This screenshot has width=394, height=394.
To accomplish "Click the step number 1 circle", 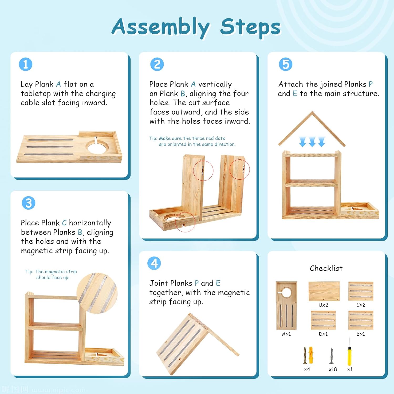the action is tap(25, 64).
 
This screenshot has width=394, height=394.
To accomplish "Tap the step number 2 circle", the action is tap(157, 64).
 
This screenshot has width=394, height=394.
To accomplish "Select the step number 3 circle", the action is tap(28, 203).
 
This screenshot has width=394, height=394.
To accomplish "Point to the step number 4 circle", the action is tap(154, 263).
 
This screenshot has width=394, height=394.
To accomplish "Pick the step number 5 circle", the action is tap(286, 64).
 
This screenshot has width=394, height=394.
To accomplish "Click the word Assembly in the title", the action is tap(161, 27).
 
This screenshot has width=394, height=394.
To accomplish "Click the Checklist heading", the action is tap(326, 268).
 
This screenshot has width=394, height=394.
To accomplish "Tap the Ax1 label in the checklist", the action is tap(286, 334).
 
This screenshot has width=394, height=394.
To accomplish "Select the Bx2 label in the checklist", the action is tap(324, 305).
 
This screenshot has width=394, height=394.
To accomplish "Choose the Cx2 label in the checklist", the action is tap(361, 305).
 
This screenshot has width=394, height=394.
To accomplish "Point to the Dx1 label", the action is tap(323, 334).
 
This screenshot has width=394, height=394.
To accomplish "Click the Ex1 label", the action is tap(361, 334).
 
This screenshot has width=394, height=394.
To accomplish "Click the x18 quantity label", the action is tap(333, 369).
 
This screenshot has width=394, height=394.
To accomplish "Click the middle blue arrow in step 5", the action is tap(312, 142).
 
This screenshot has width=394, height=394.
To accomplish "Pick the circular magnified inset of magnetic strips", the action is tap(97, 293).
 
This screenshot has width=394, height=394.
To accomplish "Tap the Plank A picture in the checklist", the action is tap(286, 306).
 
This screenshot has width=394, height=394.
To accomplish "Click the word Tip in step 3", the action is tap(29, 272).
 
